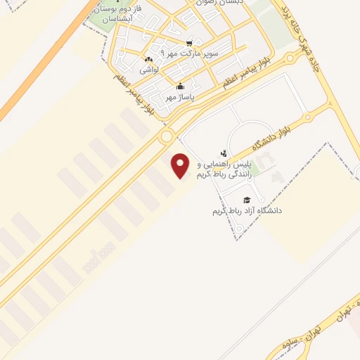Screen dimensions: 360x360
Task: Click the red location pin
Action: (181, 166)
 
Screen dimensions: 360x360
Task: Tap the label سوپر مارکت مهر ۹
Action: (190, 53)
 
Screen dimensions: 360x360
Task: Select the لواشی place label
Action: (148, 70)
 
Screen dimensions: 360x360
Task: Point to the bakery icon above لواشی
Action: (148, 59)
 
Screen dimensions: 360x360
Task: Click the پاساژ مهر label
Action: (179, 98)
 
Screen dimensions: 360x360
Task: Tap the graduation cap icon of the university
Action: (247, 199)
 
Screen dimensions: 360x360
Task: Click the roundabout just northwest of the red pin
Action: (167, 136)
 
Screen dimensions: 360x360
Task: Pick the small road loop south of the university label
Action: (238, 229)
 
